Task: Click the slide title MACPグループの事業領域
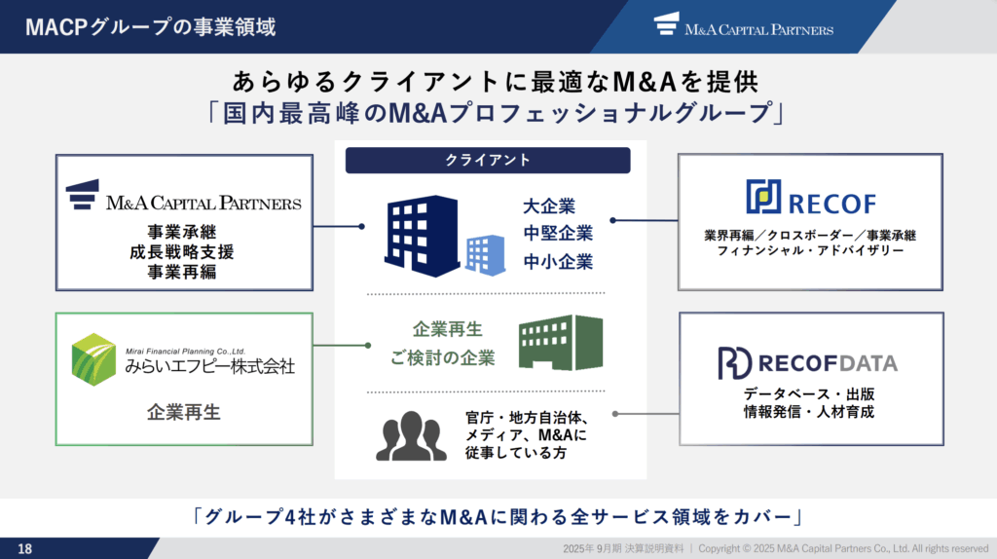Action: click(151, 26)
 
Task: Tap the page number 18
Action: click(24, 549)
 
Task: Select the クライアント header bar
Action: click(488, 161)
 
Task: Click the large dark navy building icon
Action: click(422, 236)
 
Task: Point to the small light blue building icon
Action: click(485, 255)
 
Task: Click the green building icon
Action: click(561, 342)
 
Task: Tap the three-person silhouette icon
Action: click(411, 435)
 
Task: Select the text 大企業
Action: click(549, 206)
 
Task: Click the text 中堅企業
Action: click(558, 234)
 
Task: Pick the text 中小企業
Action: click(558, 261)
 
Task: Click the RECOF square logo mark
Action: click(763, 196)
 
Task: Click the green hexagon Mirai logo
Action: click(93, 359)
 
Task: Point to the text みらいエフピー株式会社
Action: click(210, 366)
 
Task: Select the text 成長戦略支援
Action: click(182, 252)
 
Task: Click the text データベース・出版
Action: click(809, 394)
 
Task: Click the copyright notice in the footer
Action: click(843, 548)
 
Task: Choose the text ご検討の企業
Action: click(443, 358)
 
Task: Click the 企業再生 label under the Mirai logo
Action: click(184, 412)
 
